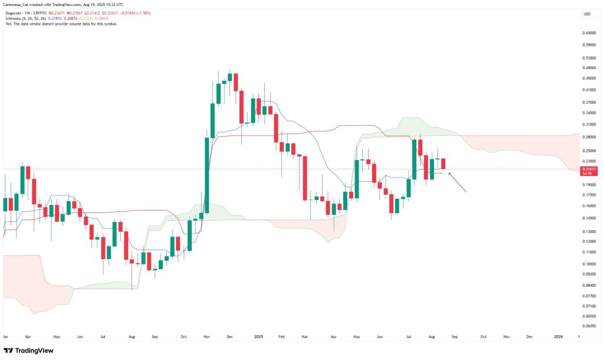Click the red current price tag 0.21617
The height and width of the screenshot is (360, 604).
(587, 169)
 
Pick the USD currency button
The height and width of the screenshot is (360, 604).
(587, 14)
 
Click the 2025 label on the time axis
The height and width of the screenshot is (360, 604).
(258, 336)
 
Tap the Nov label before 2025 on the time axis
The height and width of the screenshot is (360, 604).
(206, 336)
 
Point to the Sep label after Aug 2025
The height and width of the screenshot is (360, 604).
(454, 336)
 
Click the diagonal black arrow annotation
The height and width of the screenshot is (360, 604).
(458, 182)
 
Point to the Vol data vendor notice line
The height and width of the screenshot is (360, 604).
(59, 24)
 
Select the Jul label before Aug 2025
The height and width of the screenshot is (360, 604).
(409, 336)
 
